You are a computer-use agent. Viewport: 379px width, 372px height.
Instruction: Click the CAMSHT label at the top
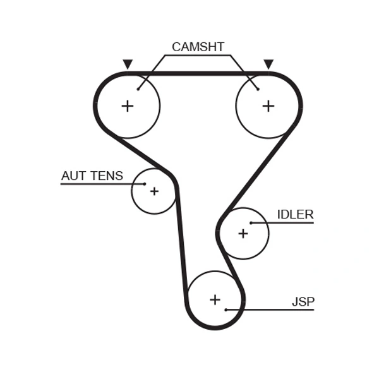tap(198, 47)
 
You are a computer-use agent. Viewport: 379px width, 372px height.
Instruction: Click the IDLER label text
tap(295, 214)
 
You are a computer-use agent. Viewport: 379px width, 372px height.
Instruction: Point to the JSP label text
tap(303, 301)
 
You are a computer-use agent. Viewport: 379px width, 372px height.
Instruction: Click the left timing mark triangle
tap(128, 64)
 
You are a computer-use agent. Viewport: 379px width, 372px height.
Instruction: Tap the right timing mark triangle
tap(268, 64)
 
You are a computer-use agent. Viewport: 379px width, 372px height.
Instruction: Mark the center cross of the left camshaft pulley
tap(128, 105)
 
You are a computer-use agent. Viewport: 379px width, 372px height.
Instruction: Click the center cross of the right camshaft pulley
tap(268, 105)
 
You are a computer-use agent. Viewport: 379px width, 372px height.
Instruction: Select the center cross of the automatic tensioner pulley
tap(154, 191)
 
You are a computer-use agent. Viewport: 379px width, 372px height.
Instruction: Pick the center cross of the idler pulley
tap(243, 234)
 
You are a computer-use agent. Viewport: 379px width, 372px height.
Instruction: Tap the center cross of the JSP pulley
tap(215, 299)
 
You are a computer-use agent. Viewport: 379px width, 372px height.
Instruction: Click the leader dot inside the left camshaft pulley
tap(138, 89)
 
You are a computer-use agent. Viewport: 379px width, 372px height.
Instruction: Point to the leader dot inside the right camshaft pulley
tap(258, 89)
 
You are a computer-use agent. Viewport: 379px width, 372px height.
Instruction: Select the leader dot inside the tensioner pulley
tap(145, 184)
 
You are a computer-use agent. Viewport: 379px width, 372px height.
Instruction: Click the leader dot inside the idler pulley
tap(251, 223)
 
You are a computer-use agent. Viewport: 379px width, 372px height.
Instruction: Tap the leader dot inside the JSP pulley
tap(226, 309)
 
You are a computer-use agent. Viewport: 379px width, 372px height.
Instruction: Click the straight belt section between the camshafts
tap(198, 74)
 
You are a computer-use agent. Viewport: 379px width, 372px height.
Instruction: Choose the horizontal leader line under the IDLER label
tap(284, 223)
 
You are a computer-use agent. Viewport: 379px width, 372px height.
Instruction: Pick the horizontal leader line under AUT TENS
tap(95, 184)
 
